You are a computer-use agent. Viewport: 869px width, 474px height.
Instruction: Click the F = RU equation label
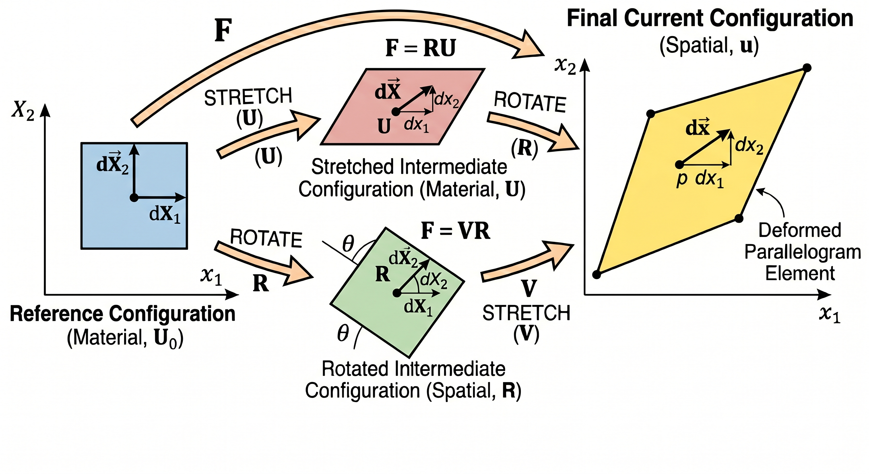[x=420, y=48]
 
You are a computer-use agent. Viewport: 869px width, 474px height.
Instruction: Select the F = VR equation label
[x=455, y=231]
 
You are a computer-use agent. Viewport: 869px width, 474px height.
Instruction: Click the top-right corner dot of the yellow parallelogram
[x=807, y=68]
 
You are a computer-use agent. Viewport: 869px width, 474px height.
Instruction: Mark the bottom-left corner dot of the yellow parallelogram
[x=597, y=275]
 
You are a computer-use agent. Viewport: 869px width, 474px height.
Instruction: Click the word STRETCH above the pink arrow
[x=248, y=97]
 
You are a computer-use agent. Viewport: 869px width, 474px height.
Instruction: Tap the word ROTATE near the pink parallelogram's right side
[x=530, y=102]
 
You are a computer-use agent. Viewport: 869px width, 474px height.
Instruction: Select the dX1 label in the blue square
[x=164, y=214]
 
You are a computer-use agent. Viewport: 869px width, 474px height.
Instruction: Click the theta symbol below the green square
[x=343, y=334]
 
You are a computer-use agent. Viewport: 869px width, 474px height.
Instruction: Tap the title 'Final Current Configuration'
[x=710, y=18]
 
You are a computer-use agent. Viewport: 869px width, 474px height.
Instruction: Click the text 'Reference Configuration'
[x=123, y=314]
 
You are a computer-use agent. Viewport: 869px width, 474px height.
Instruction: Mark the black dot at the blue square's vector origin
[x=134, y=198]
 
